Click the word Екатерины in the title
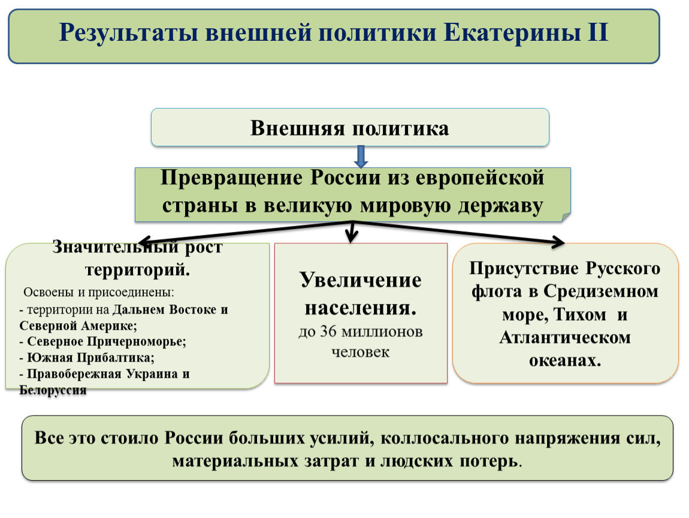click(512, 32)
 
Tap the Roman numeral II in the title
click(598, 32)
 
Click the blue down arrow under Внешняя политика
click(361, 157)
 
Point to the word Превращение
click(232, 178)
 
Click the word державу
click(500, 206)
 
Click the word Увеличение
click(361, 280)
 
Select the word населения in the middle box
click(358, 308)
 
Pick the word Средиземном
click(601, 291)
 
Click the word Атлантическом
click(565, 338)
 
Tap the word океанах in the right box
click(563, 360)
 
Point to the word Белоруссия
click(53, 390)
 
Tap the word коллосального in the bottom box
click(444, 438)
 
